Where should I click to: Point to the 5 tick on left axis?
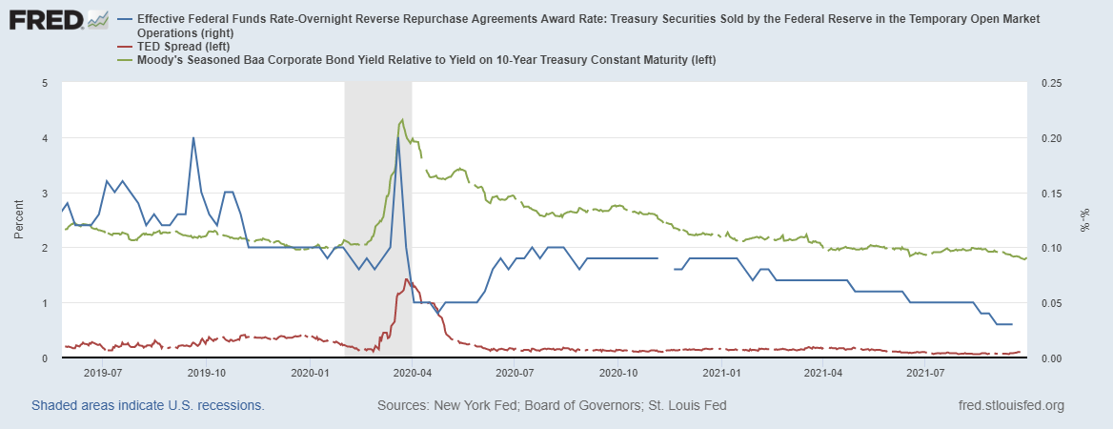(x=46, y=83)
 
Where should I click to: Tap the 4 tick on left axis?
(x=46, y=138)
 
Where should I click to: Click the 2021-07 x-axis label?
(x=924, y=373)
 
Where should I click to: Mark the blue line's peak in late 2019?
(x=193, y=137)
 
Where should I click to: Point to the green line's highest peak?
(x=402, y=119)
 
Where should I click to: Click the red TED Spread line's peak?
(x=407, y=279)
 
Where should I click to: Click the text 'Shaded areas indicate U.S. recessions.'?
(x=148, y=405)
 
